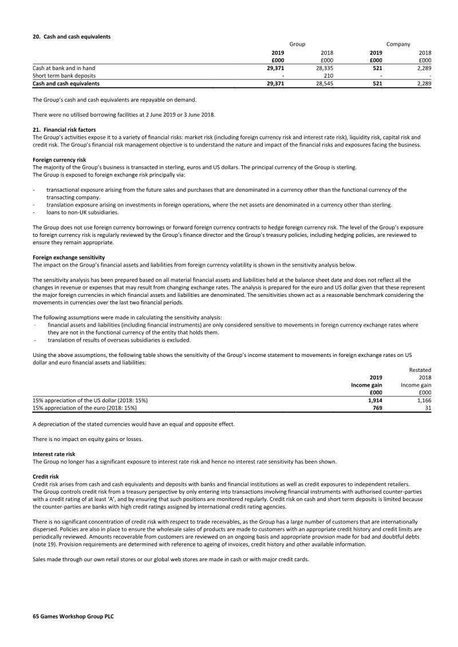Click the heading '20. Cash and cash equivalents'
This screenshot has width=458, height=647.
pos(72,37)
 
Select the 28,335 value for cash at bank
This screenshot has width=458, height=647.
pos(324,68)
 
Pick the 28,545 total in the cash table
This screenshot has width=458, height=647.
pos(324,83)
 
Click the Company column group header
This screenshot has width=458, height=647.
pos(398,44)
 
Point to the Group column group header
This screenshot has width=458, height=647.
pos(297,44)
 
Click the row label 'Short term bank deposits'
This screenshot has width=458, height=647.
pos(64,76)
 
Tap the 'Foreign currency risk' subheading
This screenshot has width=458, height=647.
pos(60,160)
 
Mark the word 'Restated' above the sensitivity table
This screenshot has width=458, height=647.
pos(420,370)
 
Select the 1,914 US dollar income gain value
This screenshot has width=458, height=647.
pos(373,400)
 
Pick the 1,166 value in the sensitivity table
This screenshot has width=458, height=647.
pos(421,400)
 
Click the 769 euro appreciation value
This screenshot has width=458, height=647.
pos(377,408)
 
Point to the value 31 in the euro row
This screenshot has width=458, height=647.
pos(427,408)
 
